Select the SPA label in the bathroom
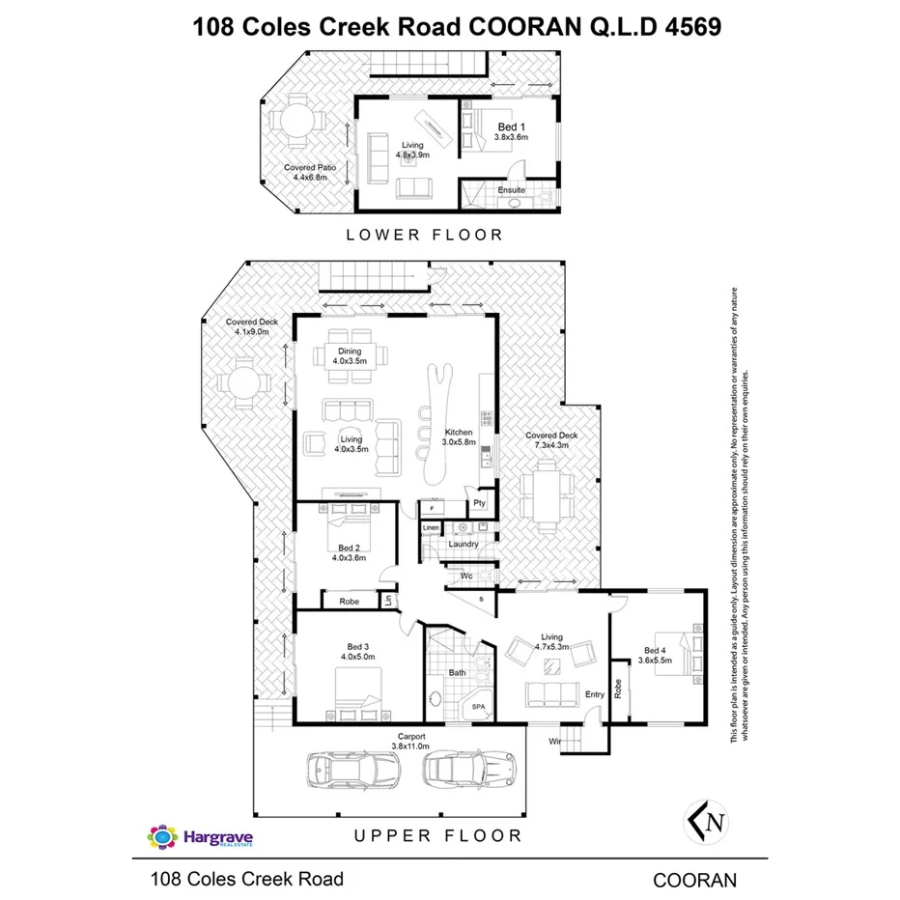[479, 707]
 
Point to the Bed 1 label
[511, 127]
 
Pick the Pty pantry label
[479, 504]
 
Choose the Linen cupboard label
[432, 528]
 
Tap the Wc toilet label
[465, 577]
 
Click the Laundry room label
[464, 544]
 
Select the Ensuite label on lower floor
[511, 190]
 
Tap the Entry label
[595, 694]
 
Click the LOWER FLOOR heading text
[426, 235]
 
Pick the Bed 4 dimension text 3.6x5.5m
[655, 661]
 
